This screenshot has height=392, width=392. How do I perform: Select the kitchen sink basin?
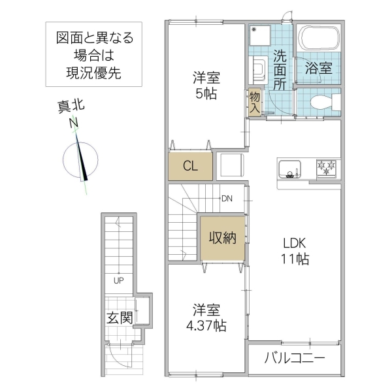(289, 169)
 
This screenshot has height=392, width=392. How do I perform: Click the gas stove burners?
(327, 169)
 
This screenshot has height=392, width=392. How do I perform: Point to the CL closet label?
(189, 166)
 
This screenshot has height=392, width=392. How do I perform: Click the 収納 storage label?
(222, 238)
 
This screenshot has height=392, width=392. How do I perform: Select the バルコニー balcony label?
(294, 358)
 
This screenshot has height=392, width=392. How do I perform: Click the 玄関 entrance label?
(120, 318)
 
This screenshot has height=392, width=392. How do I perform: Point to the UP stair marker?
(118, 282)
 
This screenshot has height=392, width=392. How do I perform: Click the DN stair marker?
(227, 199)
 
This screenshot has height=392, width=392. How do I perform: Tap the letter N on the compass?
(74, 122)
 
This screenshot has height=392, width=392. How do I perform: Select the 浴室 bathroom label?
(317, 68)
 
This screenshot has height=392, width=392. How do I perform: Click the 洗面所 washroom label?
(280, 69)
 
